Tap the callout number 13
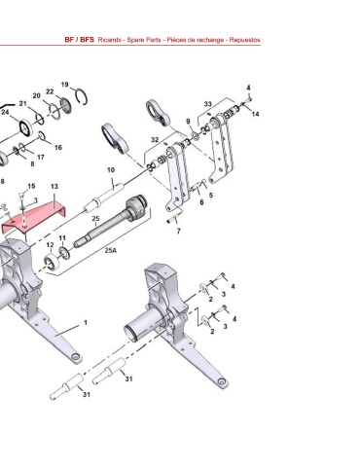tap(54, 187)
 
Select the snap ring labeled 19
tap(81, 96)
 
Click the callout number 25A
tap(110, 250)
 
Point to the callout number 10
tap(111, 170)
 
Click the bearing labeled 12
tap(52, 263)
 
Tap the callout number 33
tap(207, 104)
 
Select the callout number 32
tap(155, 140)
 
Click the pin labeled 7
tap(173, 220)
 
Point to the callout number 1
tap(86, 322)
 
